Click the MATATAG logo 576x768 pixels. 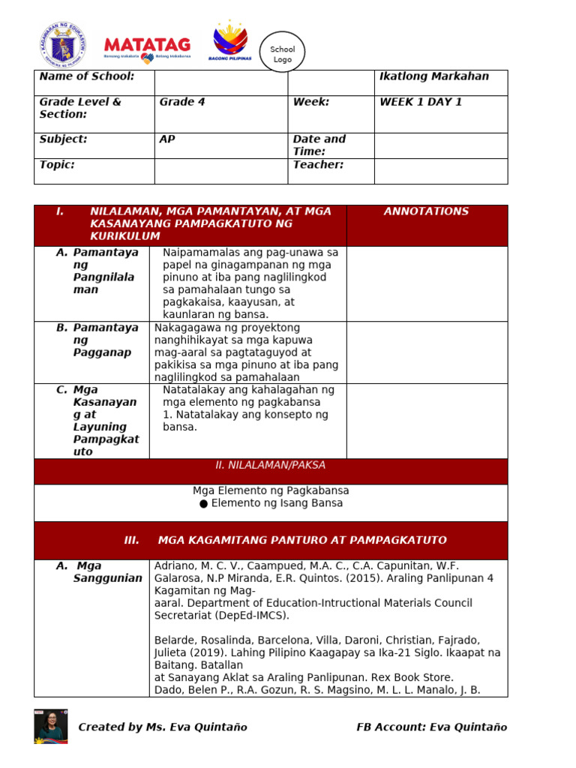tap(147, 48)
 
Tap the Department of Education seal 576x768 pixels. tap(62, 43)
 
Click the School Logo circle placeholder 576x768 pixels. tap(283, 53)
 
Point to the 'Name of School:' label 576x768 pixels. tap(87, 76)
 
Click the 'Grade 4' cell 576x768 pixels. tap(182, 102)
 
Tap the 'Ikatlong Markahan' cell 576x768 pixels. tap(434, 76)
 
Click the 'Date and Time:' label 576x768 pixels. tap(319, 145)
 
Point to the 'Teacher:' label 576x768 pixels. tap(318, 165)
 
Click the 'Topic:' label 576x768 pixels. tap(57, 165)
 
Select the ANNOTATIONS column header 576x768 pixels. tap(426, 211)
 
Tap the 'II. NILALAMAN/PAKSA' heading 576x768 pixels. tap(271, 465)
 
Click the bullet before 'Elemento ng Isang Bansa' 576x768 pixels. tap(203, 503)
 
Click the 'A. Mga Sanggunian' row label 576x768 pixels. tap(98, 572)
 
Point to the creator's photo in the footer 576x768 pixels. tap(50, 726)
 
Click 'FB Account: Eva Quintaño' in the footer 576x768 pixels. tap(431, 727)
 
